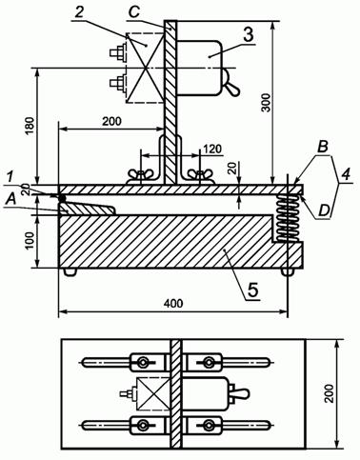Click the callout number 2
click(79, 12)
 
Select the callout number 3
click(249, 34)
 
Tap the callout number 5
click(253, 290)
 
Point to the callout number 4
click(346, 174)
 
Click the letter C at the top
click(134, 12)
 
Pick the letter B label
click(323, 147)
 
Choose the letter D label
click(323, 211)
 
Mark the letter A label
click(11, 199)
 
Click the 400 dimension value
click(173, 304)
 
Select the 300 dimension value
click(266, 102)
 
